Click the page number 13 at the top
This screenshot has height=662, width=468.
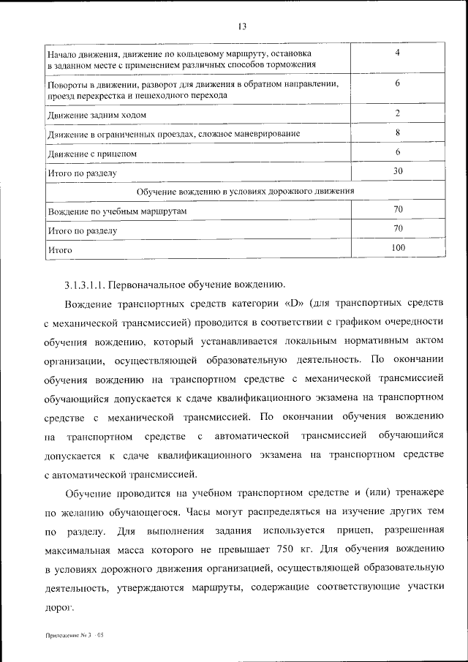[242, 27]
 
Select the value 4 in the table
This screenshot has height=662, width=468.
[397, 53]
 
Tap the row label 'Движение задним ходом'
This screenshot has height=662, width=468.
[97, 115]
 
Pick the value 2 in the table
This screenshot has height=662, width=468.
[397, 113]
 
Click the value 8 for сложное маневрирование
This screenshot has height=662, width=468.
[397, 132]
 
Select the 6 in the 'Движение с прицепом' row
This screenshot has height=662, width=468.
[397, 151]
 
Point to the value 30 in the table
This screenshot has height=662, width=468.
[398, 170]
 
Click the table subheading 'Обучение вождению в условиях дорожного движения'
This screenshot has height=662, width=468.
[246, 190]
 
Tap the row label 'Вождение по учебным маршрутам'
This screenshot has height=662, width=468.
[118, 211]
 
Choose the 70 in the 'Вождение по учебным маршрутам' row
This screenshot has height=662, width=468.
[398, 209]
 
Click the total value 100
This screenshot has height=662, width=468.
[398, 248]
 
